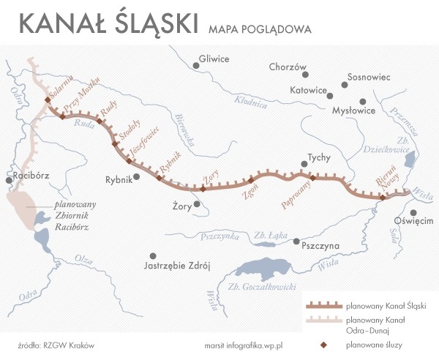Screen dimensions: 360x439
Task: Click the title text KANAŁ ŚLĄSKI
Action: tap(108, 23)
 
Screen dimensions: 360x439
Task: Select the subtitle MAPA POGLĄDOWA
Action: tap(260, 30)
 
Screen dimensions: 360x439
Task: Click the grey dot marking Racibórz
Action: tap(8, 179)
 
